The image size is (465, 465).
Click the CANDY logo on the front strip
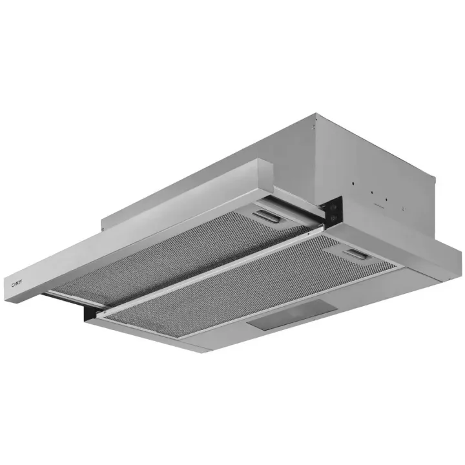[x=17, y=284]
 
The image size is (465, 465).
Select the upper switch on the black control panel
[x=335, y=207]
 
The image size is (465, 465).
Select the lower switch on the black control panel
[x=334, y=218]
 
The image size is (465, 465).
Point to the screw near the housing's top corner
[x=313, y=127]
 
